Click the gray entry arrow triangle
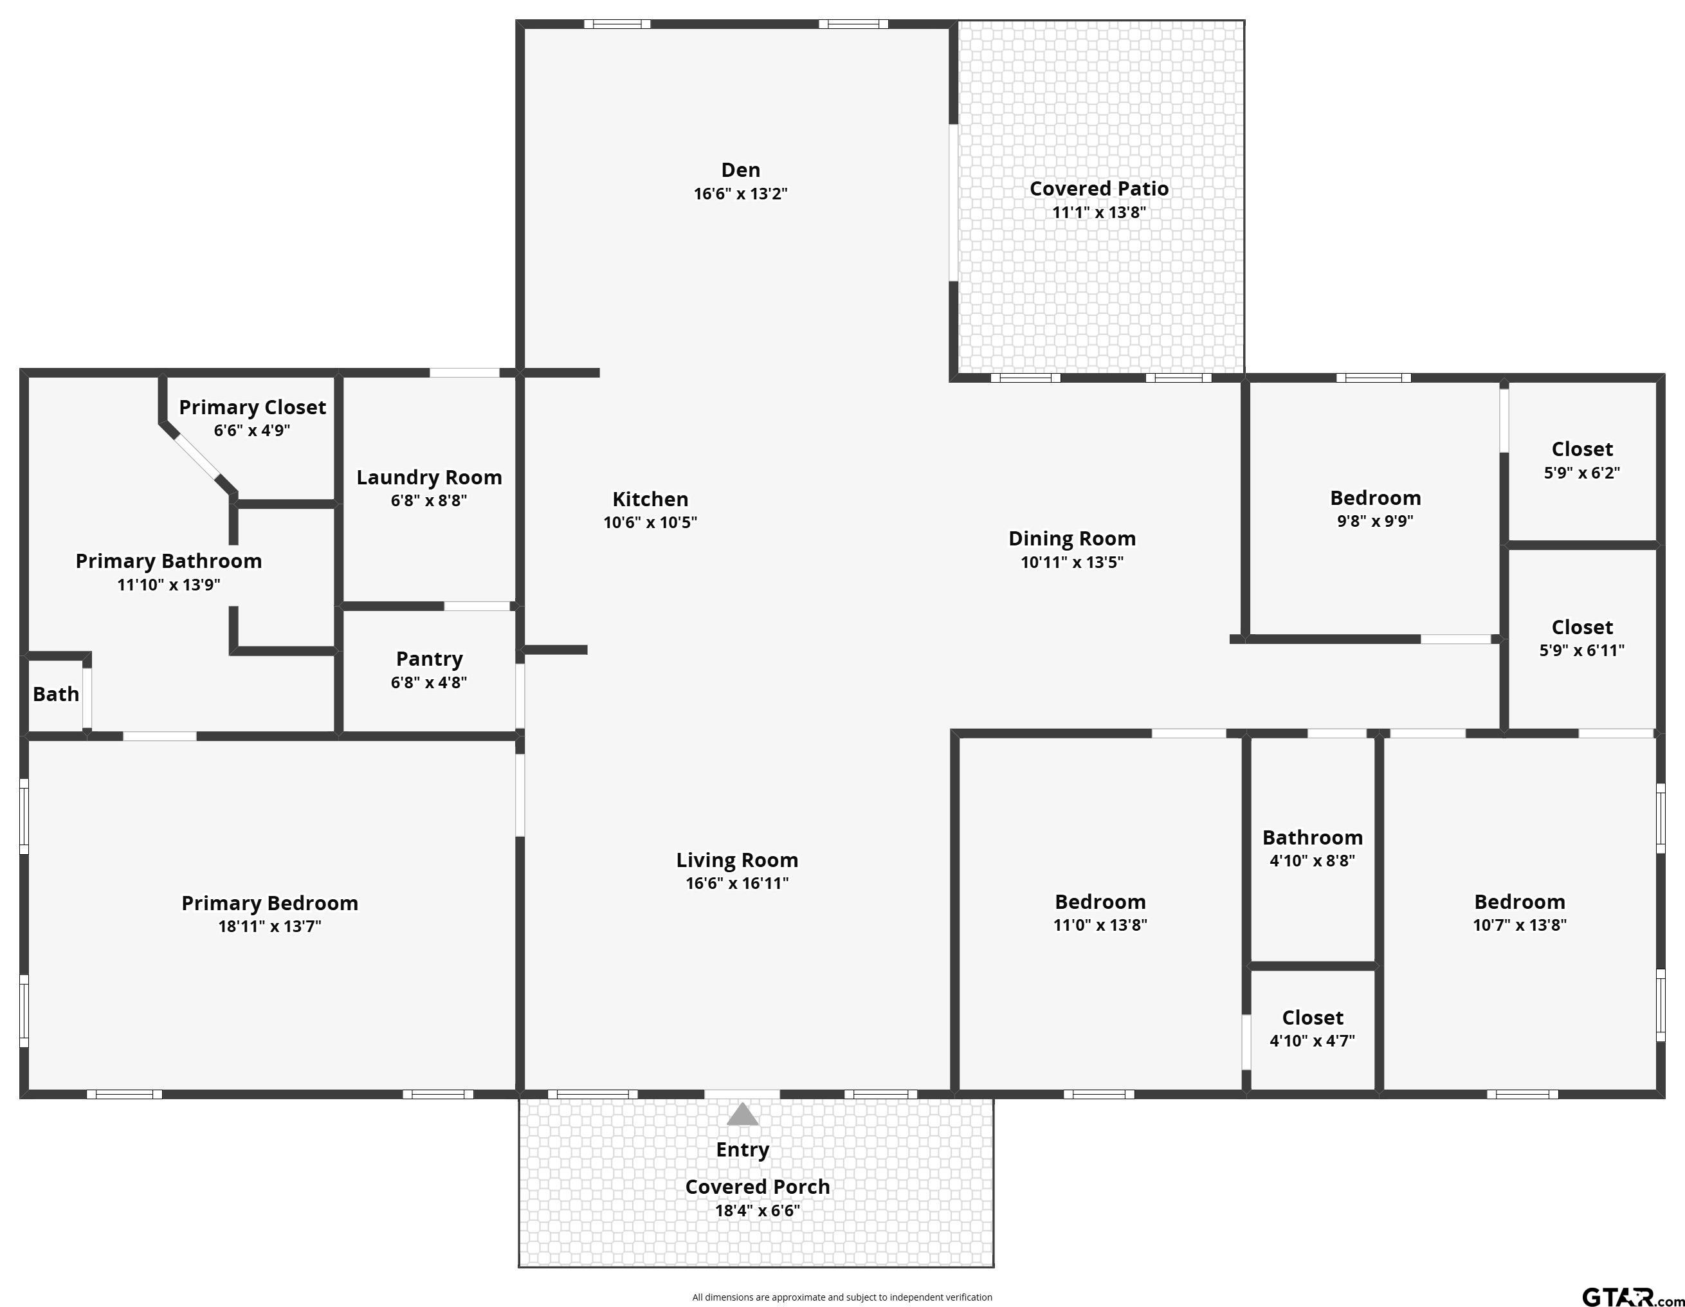point(742,1113)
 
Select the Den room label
point(741,170)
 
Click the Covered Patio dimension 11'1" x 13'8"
point(1099,212)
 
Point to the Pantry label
point(429,659)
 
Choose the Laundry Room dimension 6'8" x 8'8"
point(429,500)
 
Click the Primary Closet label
point(252,407)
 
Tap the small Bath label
point(55,695)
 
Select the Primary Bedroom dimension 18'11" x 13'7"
point(269,926)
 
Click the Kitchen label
point(650,499)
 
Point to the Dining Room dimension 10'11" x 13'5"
point(1071,562)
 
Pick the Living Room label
point(737,860)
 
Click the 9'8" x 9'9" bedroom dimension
point(1375,521)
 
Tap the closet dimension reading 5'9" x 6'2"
point(1581,473)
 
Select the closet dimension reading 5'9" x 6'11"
point(1581,650)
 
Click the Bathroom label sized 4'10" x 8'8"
point(1313,838)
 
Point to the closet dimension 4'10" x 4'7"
point(1313,1041)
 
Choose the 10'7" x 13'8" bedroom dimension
point(1519,925)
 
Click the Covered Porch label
point(757,1187)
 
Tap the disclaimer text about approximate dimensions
point(842,1297)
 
